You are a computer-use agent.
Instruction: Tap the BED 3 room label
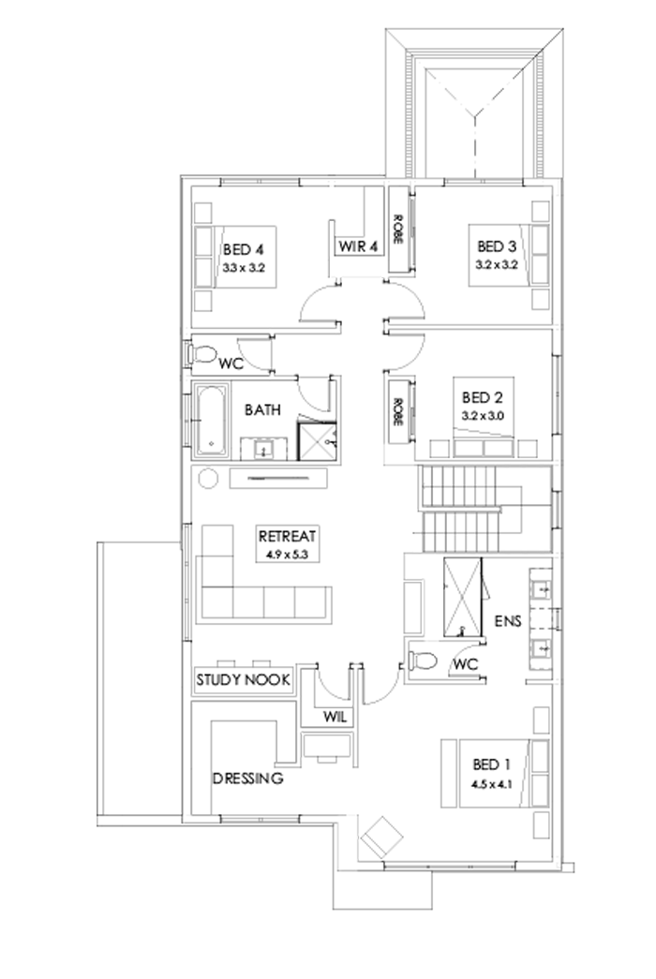click(x=497, y=246)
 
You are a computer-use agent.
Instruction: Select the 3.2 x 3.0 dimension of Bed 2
click(x=484, y=413)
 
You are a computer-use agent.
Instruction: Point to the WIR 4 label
click(x=357, y=247)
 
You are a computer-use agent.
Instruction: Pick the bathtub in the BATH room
click(x=212, y=420)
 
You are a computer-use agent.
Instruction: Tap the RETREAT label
click(x=289, y=537)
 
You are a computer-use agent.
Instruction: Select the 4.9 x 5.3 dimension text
click(x=287, y=555)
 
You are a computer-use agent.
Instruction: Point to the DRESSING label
click(x=247, y=778)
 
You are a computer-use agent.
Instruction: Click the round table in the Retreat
click(x=209, y=478)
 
